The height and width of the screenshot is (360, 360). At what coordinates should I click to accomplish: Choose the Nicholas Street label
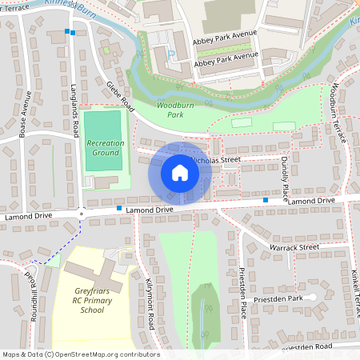(x=216, y=160)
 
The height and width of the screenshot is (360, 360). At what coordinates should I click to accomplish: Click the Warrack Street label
(x=295, y=247)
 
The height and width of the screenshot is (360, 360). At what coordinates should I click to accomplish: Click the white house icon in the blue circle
(x=180, y=173)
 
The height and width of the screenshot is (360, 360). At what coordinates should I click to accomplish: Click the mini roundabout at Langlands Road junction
(x=82, y=214)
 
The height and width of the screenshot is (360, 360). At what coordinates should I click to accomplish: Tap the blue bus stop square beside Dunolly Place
(x=266, y=200)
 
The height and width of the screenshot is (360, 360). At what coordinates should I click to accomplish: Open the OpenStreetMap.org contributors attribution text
(x=80, y=354)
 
